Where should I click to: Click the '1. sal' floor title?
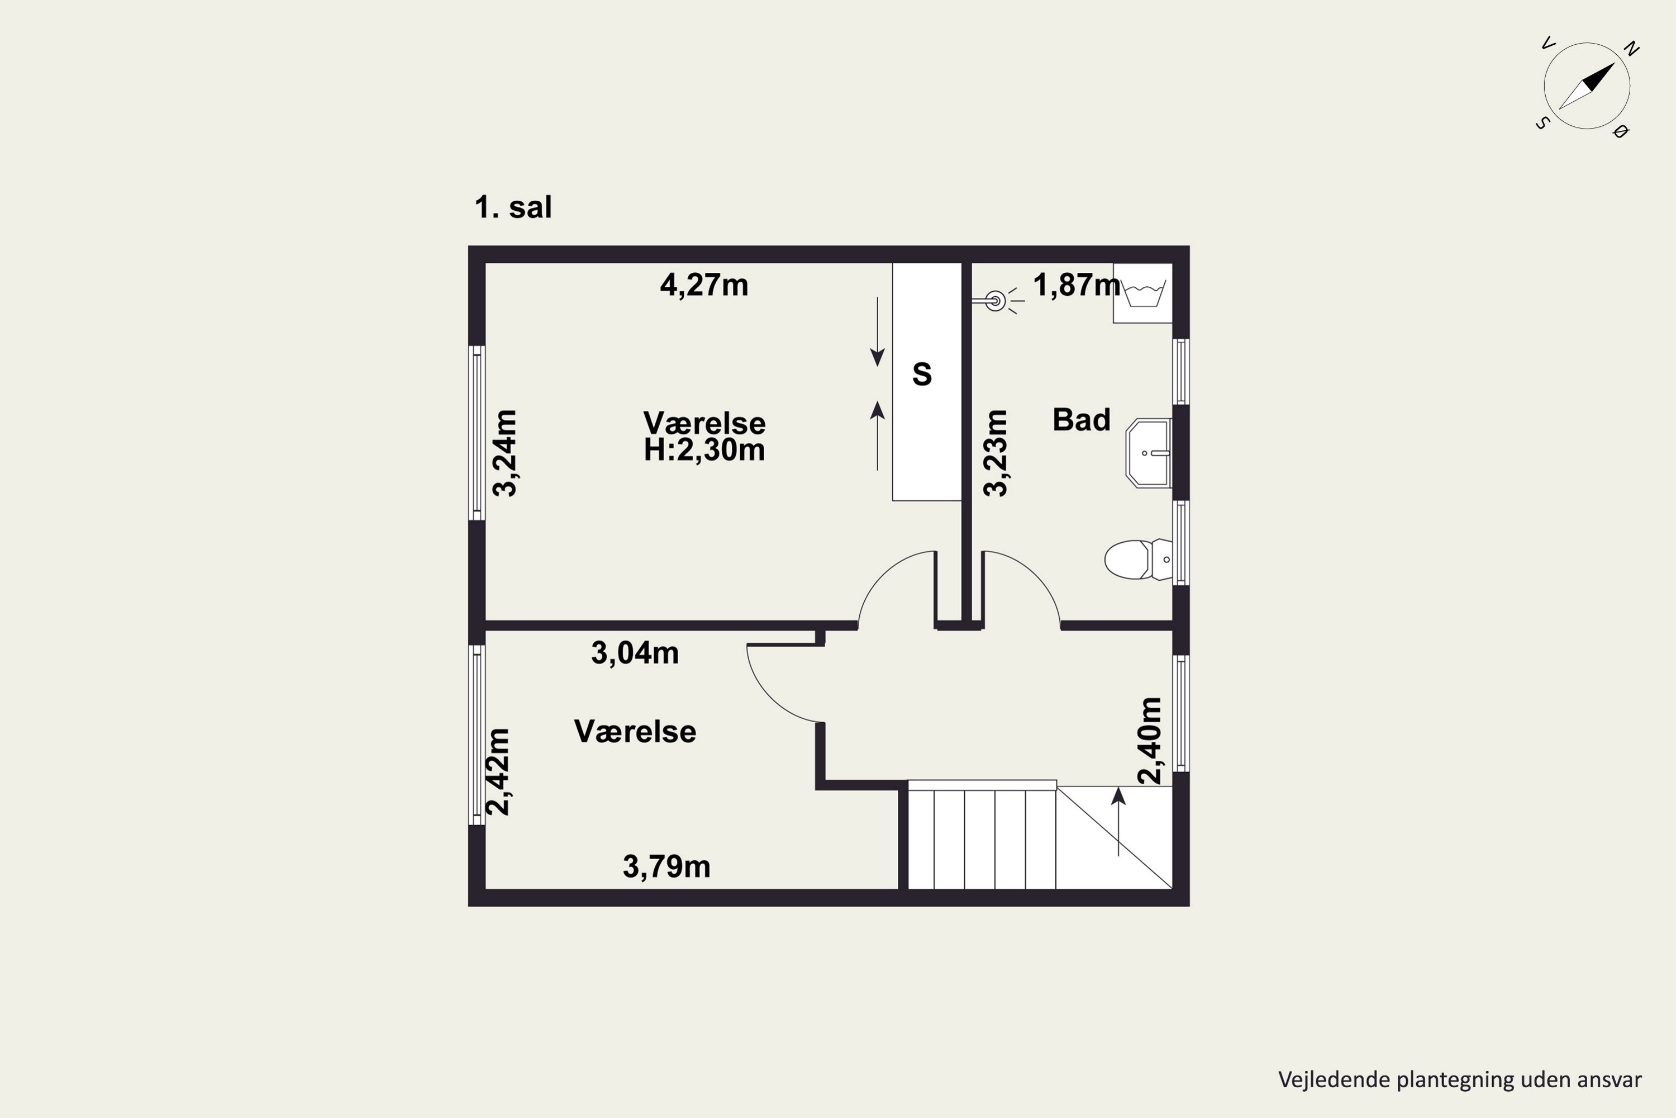point(513,207)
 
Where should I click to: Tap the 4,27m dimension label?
point(704,286)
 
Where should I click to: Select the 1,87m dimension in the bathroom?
point(1077,286)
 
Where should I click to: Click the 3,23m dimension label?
point(996,453)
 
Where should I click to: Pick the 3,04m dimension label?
point(635,653)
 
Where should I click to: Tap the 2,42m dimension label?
point(498,771)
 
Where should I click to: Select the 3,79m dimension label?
point(667,867)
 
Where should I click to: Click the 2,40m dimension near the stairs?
point(1149,741)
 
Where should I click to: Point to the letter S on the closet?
point(922,375)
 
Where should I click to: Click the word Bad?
point(1082,420)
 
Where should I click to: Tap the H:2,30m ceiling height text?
point(704,450)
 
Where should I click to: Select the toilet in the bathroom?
point(1139,560)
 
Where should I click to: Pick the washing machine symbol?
point(1143,293)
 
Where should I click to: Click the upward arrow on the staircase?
point(1119,821)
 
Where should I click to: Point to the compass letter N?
point(1631,49)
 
